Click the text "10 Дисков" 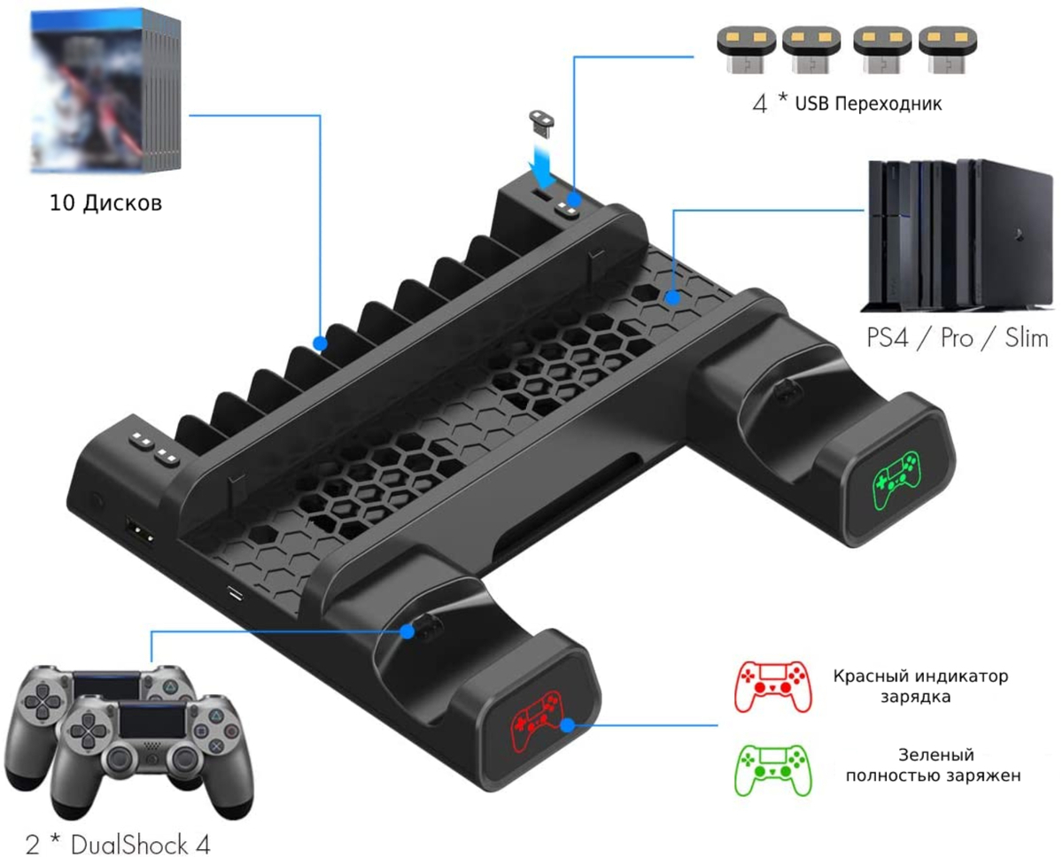(x=105, y=204)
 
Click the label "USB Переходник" (x=867, y=103)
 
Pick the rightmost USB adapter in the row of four (x=943, y=50)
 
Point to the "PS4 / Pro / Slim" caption (x=957, y=338)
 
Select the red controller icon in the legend (x=772, y=684)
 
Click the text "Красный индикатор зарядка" (x=919, y=686)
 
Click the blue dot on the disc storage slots (x=321, y=342)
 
